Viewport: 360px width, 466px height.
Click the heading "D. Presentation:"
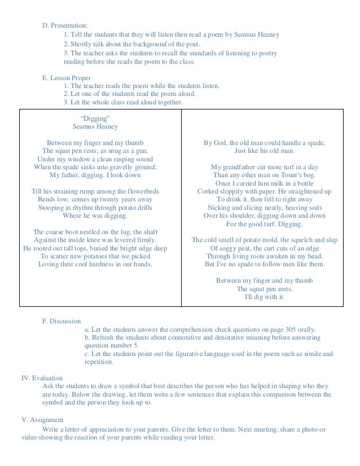point(65,25)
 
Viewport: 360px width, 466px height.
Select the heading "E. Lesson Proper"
point(67,77)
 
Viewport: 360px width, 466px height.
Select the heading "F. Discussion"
point(62,321)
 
